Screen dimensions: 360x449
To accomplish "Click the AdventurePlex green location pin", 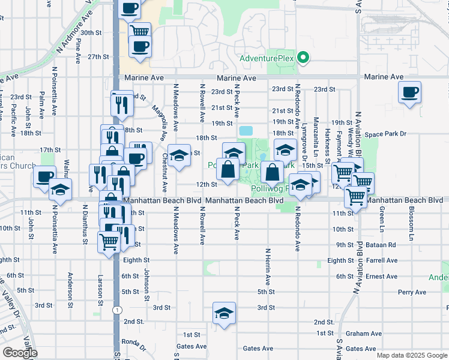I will (x=304, y=58).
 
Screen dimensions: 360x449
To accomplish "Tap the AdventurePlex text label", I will (x=268, y=58).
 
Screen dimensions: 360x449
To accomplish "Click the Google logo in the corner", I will (x=20, y=353).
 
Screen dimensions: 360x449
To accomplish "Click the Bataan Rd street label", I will (x=383, y=245).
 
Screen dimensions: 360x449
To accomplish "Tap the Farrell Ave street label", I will (x=384, y=260).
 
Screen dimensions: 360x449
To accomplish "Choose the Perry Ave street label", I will (x=412, y=292).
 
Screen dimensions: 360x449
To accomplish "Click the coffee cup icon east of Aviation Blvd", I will (x=410, y=93).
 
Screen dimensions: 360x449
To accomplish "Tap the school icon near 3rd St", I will (x=224, y=313).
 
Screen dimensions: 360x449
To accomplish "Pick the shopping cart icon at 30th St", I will (x=139, y=30).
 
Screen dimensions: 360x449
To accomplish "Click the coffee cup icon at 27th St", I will (x=140, y=47).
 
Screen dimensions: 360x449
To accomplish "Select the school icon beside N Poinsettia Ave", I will (x=60, y=189).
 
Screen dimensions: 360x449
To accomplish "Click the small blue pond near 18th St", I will (x=246, y=130).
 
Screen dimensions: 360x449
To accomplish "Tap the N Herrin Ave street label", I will (x=267, y=266).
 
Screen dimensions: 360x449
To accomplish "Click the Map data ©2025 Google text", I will (x=411, y=355).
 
